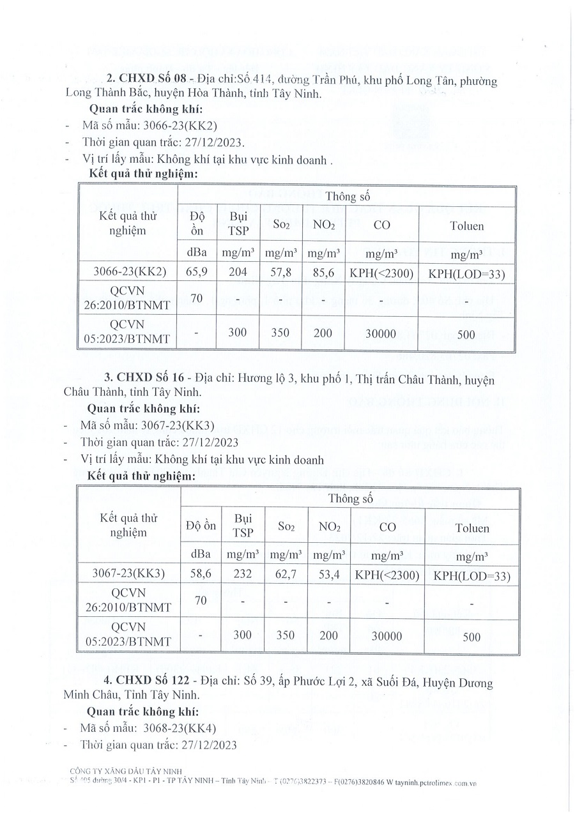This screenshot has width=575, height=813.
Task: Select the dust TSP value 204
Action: (237, 271)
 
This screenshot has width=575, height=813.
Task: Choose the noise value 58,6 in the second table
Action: (199, 574)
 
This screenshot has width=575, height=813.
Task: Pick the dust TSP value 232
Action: (242, 574)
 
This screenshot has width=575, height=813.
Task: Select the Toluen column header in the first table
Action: (466, 225)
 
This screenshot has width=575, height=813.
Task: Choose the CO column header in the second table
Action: (387, 528)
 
